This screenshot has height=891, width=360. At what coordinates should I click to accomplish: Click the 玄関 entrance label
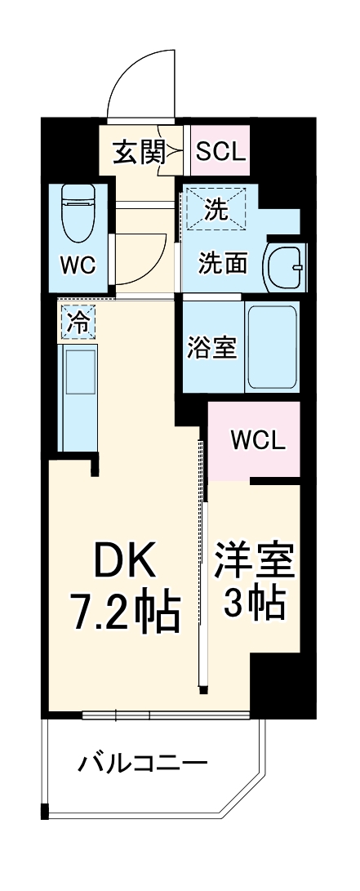pyautogui.click(x=134, y=151)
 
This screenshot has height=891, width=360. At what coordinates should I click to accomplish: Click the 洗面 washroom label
pyautogui.click(x=224, y=263)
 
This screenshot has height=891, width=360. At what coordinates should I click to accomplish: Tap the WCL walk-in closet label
pyautogui.click(x=257, y=441)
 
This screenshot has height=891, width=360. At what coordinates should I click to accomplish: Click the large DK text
pyautogui.click(x=123, y=561)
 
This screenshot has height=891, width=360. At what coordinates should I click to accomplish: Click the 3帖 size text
pyautogui.click(x=255, y=603)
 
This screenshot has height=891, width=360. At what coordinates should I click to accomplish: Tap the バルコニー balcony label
pyautogui.click(x=142, y=765)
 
